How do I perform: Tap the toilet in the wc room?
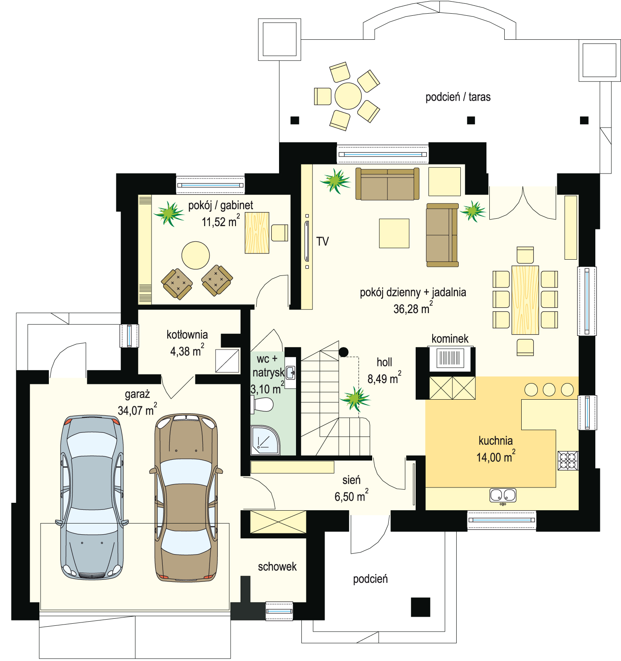[262, 404]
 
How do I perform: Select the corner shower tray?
[265, 440]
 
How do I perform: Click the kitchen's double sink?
[503, 495]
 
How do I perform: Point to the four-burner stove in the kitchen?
[568, 461]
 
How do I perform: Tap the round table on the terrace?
[348, 96]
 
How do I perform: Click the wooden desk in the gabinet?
[257, 233]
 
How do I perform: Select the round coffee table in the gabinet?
[195, 256]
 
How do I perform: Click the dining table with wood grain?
[525, 300]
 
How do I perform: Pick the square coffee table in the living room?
[394, 234]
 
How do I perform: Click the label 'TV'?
[323, 241]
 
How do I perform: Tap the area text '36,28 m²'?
[413, 308]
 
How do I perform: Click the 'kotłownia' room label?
[187, 335]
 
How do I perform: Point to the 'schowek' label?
[277, 567]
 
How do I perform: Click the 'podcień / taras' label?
[458, 97]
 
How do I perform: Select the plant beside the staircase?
[355, 399]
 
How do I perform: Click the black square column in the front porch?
[421, 607]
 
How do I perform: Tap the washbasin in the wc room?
[291, 373]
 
